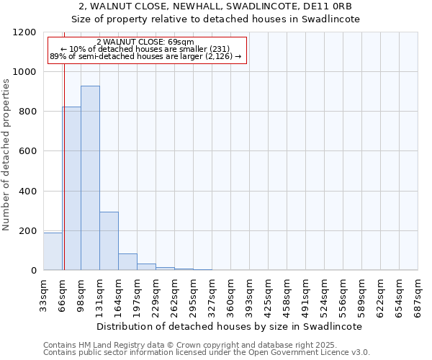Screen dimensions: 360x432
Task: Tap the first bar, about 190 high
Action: point(53,251)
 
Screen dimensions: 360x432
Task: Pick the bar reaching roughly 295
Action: point(109,241)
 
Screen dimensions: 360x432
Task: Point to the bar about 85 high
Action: point(127,262)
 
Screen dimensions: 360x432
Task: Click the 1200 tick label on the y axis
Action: point(24,32)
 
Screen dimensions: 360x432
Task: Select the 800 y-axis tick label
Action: point(27,112)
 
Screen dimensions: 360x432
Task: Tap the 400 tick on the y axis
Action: point(27,192)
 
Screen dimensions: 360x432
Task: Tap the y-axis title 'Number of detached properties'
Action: point(6,155)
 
